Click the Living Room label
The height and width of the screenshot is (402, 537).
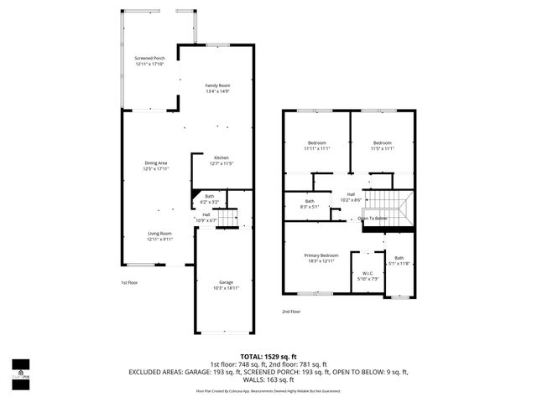[159, 235]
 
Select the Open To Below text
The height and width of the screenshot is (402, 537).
[373, 219]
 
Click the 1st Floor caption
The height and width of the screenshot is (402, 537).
[129, 282]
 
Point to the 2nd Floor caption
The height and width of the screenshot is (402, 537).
[290, 311]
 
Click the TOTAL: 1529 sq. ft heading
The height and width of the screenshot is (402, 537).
[268, 357]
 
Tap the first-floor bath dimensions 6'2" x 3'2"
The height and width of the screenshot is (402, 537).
[209, 202]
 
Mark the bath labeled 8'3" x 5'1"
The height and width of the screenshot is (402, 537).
[310, 204]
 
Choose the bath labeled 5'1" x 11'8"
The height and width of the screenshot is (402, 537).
[399, 260]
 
